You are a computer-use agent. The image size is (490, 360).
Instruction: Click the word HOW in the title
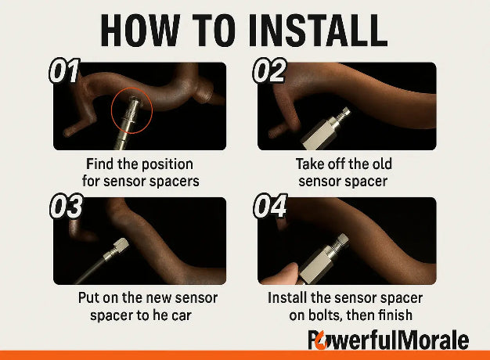pyautogui.click(x=140, y=31)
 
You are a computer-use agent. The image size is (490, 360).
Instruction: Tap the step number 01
pyautogui.click(x=64, y=71)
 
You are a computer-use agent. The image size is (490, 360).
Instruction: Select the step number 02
pyautogui.click(x=269, y=71)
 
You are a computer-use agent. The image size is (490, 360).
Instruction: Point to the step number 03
pyautogui.click(x=67, y=207)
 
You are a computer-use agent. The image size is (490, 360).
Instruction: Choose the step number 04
pyautogui.click(x=270, y=207)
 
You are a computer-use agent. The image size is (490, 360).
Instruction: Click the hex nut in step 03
pyautogui.click(x=121, y=245)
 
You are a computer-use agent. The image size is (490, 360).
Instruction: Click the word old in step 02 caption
pyautogui.click(x=381, y=164)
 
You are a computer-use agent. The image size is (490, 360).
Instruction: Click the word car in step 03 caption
pyautogui.click(x=182, y=315)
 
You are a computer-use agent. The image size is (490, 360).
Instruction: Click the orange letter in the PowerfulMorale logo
pyautogui.click(x=322, y=342)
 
